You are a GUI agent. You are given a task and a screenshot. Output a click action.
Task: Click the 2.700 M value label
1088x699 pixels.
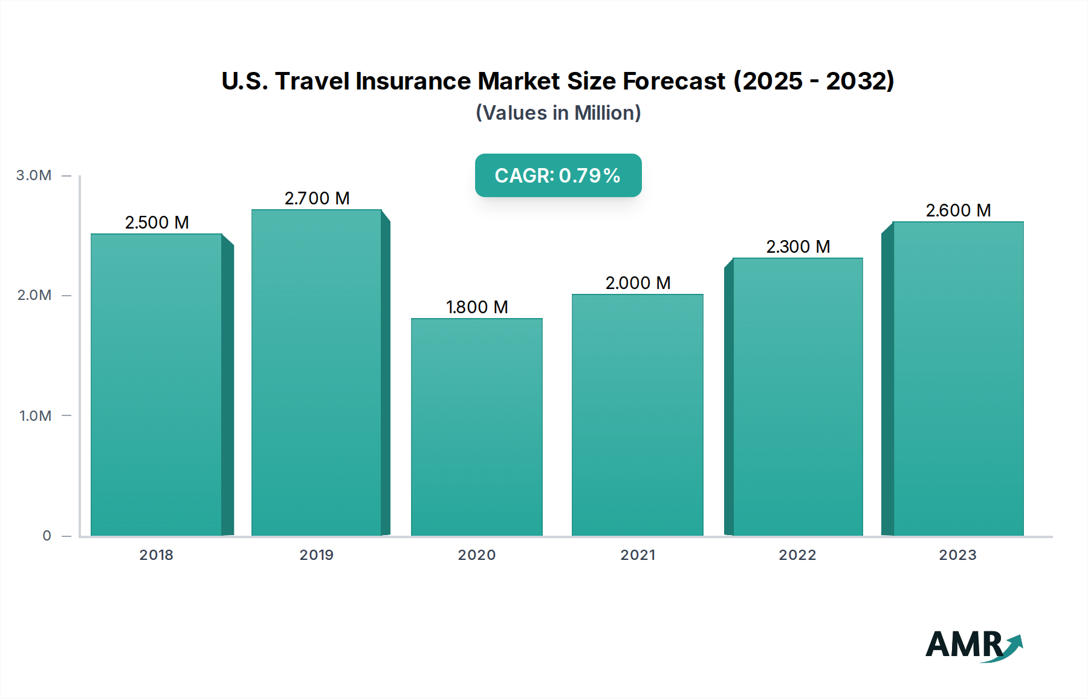coord(317,198)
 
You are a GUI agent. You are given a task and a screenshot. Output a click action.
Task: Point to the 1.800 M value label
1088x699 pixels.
coord(476,307)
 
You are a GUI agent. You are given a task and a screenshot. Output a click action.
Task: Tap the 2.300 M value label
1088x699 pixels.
coord(798,247)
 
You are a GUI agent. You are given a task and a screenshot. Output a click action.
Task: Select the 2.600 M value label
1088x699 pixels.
coord(958,210)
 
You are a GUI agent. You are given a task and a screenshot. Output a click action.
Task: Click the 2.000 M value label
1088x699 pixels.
coord(638,283)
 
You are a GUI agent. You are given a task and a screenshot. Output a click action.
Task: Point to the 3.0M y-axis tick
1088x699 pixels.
coord(34,175)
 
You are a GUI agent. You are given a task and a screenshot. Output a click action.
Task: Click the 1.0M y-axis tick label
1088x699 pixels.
coord(35,416)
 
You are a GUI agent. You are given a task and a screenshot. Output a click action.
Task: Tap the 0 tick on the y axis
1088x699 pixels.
coord(47,536)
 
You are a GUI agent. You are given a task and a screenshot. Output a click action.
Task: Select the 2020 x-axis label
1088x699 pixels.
coord(476,555)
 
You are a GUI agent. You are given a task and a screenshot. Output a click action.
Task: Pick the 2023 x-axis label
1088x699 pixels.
coord(957,555)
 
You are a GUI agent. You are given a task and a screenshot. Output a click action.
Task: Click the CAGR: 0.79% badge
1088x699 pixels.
coord(558,175)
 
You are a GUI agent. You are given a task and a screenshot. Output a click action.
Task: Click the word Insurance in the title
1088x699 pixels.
coord(413,81)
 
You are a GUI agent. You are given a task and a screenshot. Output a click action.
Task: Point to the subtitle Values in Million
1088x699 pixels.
coord(558,113)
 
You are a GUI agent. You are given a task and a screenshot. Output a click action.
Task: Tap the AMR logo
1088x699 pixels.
coord(973,645)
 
